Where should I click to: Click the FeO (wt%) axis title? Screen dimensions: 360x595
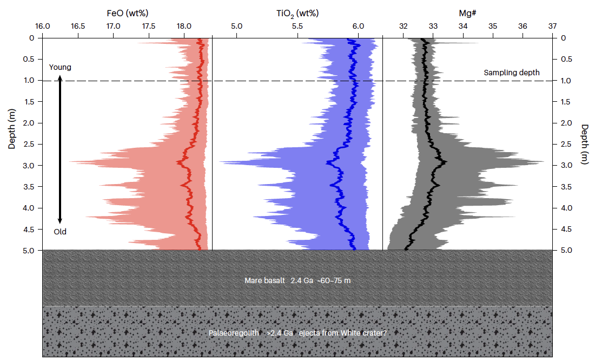pos(129,12)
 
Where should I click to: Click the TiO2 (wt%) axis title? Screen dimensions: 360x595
pos(297,12)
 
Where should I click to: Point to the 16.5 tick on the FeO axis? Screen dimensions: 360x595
pos(78,26)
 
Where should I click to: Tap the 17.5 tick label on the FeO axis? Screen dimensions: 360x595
pos(149,26)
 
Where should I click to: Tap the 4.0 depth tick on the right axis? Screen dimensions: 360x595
pos(565,208)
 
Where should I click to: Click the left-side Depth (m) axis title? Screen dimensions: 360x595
pos(12,128)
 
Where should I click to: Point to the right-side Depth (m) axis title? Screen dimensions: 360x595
pos(584,145)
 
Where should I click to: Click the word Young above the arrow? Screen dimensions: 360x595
pos(60,67)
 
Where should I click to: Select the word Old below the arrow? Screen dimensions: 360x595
pos(60,232)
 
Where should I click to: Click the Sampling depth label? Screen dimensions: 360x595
pos(511,73)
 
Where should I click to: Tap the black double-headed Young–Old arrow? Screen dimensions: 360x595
pos(60,149)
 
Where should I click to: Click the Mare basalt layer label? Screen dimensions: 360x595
pos(297,281)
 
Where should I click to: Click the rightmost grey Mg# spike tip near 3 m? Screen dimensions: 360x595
pos(544,161)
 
